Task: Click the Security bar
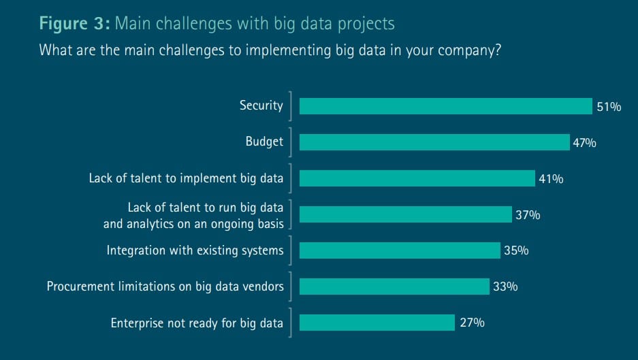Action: click(445, 106)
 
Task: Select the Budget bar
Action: click(434, 142)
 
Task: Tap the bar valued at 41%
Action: click(417, 178)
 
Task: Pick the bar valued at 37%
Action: click(406, 214)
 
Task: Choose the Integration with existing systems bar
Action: click(400, 250)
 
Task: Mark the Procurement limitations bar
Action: click(394, 287)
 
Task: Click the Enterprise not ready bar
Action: click(377, 323)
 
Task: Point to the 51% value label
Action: click(609, 107)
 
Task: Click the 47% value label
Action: click(584, 143)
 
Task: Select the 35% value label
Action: click(516, 250)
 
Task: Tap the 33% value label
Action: click(505, 287)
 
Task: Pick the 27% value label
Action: click(472, 323)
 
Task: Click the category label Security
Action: click(261, 105)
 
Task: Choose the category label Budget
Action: click(264, 142)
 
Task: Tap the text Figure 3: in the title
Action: click(74, 23)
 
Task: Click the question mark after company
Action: click(497, 50)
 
